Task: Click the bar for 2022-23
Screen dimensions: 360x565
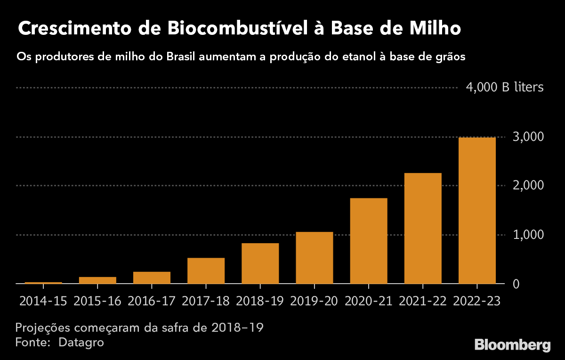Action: pos(476,211)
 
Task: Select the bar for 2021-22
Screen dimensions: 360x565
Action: pos(422,229)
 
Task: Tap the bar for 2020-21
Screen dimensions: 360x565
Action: pos(368,241)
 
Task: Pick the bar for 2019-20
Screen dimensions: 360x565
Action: pos(314,258)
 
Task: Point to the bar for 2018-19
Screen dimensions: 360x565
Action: pos(260,263)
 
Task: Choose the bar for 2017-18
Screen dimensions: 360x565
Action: pos(206,271)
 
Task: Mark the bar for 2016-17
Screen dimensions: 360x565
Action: pos(152,278)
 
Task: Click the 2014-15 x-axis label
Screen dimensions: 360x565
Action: pos(43,301)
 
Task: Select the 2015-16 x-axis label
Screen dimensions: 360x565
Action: pos(97,301)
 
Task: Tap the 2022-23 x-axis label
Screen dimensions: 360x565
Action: pos(476,301)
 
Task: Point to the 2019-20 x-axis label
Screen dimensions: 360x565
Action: pos(314,301)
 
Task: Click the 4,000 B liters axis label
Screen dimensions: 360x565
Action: pos(505,88)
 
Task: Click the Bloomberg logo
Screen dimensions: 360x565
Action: pos(512,344)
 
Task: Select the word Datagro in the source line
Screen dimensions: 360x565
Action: pos(81,342)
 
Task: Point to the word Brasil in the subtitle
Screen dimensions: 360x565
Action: pos(181,57)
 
